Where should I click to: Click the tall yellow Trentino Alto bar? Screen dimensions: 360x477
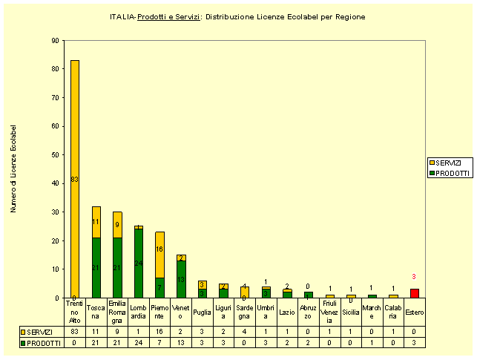pos(75,178)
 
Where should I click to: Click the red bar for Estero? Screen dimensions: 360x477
pos(415,293)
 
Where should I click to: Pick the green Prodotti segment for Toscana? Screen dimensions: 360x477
pos(96,267)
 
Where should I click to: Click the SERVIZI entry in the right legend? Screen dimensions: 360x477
pos(447,163)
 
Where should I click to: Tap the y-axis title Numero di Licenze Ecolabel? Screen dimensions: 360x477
pos(14,169)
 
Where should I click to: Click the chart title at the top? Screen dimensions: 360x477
pos(237,16)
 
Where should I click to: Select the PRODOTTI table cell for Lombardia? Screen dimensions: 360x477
pos(139,343)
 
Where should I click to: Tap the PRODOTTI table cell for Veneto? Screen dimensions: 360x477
pos(181,343)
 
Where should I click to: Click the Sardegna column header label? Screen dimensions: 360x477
pos(245,312)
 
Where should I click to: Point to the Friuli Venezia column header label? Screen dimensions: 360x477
pos(329,312)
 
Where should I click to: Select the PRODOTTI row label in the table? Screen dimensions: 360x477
pos(42,343)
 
